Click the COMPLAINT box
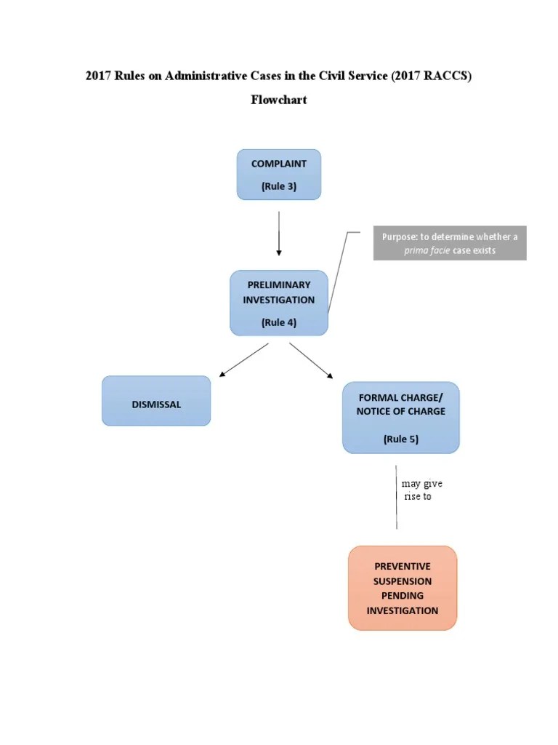(278, 175)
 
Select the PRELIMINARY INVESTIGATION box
(278, 303)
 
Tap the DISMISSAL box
(156, 401)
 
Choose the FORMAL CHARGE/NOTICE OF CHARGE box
(400, 418)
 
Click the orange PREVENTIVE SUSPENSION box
(403, 588)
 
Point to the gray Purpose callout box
(450, 244)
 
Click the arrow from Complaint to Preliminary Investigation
(279, 233)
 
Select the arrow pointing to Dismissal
(243, 360)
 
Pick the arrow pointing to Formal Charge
(311, 360)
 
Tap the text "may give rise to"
(419, 490)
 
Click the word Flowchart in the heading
(279, 100)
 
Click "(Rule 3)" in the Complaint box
(279, 186)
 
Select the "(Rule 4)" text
(279, 323)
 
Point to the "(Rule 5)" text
(401, 439)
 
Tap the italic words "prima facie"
(427, 251)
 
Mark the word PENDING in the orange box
(403, 596)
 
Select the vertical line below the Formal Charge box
(396, 498)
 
